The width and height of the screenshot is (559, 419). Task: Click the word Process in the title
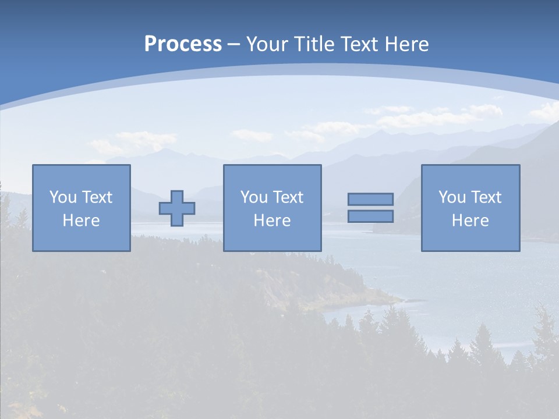pos(183,44)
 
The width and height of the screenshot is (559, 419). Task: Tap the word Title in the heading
pos(315,44)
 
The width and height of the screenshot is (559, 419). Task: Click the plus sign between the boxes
pos(177,208)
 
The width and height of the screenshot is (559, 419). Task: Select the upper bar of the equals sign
pos(370,199)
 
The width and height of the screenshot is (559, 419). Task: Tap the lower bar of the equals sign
pos(370,216)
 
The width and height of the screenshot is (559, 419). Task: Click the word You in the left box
pos(63,197)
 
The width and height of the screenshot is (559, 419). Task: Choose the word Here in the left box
pos(81,221)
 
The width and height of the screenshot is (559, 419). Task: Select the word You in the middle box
pos(254,197)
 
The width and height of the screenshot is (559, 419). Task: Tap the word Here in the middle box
pos(272,221)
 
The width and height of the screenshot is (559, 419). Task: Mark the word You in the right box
pos(452,197)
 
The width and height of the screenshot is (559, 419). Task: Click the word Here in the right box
pos(470,221)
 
